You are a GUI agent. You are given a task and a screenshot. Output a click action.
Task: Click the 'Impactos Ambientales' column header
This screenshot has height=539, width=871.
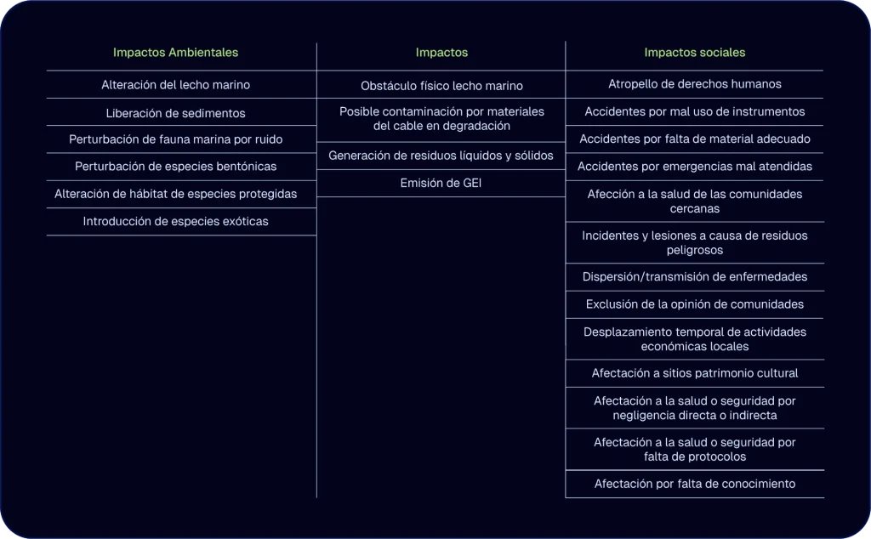(x=175, y=53)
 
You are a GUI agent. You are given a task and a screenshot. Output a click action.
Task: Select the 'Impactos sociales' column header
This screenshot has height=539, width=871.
(x=694, y=53)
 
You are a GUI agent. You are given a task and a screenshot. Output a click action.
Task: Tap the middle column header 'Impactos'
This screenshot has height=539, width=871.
(x=441, y=53)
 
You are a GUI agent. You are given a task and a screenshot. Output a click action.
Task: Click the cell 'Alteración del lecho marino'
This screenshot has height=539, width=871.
(x=175, y=85)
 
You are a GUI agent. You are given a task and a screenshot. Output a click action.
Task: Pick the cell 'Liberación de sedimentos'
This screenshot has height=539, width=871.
(x=175, y=113)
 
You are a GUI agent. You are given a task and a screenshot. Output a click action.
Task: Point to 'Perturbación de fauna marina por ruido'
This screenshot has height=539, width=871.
(x=175, y=139)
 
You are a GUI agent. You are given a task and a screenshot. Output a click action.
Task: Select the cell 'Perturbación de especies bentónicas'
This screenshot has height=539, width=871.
(x=175, y=167)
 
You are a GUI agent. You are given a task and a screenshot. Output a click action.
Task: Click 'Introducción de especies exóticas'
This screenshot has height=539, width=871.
(x=175, y=222)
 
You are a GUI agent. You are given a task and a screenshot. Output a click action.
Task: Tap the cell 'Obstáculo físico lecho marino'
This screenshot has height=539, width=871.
(x=441, y=86)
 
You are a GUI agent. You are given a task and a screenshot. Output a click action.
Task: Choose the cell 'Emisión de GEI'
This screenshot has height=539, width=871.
(x=441, y=183)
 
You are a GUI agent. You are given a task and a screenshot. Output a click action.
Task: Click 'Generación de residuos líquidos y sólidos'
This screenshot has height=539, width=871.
(x=441, y=156)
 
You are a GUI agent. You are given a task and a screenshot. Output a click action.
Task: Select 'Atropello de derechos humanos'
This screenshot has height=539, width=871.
(x=694, y=84)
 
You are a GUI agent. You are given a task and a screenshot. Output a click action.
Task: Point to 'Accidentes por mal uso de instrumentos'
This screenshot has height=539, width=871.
(x=694, y=111)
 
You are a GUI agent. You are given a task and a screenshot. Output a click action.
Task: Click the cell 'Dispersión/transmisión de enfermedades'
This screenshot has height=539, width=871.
(x=694, y=277)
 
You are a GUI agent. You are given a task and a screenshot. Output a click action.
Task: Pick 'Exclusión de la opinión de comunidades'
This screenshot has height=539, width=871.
(x=694, y=304)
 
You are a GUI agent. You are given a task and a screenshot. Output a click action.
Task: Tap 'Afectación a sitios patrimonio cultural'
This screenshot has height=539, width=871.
(x=694, y=373)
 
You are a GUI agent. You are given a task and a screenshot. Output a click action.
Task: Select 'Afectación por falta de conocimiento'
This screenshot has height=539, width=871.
(x=694, y=484)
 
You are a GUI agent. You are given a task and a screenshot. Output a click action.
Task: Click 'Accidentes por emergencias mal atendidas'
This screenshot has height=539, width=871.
(x=694, y=167)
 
